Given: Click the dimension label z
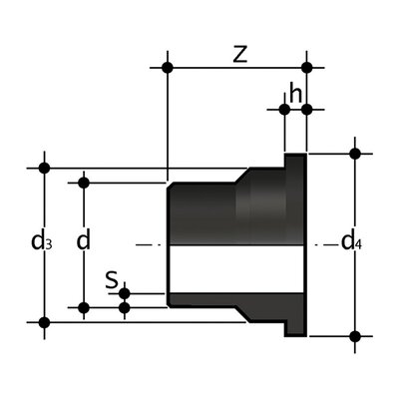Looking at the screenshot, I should click(237, 55).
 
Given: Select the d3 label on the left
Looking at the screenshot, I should click(40, 241).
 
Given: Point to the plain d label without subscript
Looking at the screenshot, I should click(84, 241).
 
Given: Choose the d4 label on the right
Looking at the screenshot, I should click(352, 241).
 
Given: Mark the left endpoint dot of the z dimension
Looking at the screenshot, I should click(168, 68).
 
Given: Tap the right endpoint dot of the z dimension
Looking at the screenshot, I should click(307, 68).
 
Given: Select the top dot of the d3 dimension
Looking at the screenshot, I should click(43, 168).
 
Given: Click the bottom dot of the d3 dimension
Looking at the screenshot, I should click(43, 321).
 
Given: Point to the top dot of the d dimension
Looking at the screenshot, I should click(84, 182).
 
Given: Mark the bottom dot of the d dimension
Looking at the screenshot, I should click(84, 307).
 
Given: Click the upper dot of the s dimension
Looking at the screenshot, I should click(124, 293).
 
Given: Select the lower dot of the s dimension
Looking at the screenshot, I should click(124, 307).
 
